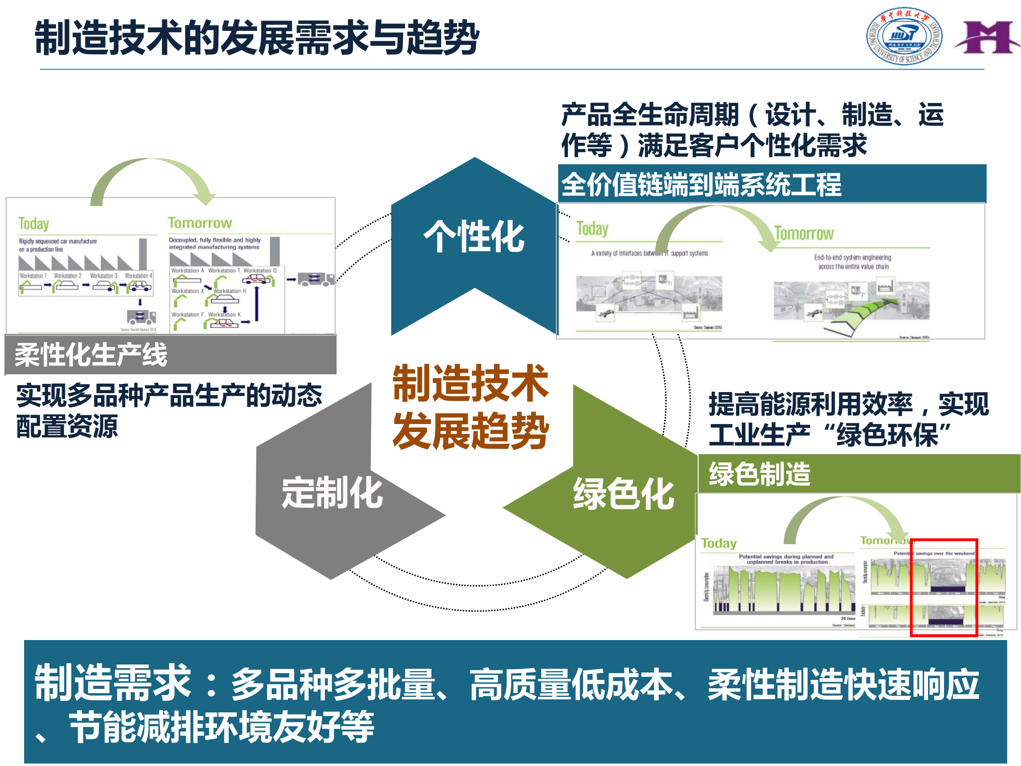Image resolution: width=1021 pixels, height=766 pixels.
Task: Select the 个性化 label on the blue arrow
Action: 474,236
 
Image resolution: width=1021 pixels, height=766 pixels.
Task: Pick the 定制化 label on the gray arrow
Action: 332,493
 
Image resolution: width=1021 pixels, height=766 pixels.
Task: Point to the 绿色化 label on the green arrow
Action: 623,494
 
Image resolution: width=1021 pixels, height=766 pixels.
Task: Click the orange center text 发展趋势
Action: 471,431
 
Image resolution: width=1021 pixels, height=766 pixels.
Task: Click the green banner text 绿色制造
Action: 759,474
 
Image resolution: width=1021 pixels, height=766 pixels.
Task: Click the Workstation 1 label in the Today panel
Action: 33,276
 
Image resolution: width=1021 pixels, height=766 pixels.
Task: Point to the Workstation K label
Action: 224,314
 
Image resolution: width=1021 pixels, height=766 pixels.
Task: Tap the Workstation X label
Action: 187,291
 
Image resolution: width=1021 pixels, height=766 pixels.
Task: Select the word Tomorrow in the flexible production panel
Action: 200,223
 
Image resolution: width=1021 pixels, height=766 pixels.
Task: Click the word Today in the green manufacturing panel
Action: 718,543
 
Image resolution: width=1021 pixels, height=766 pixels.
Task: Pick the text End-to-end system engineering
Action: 852,257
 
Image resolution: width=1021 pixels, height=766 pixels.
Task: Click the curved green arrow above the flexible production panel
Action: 152,178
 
